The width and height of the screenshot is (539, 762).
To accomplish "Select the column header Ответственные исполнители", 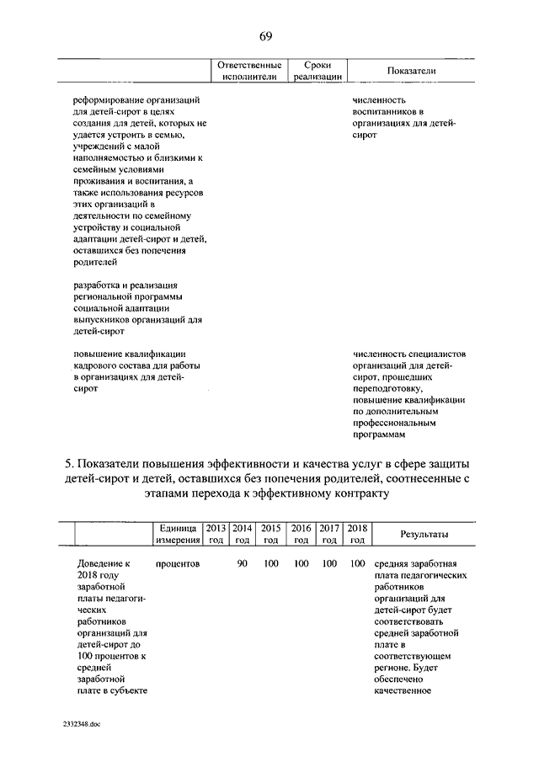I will click(249, 71).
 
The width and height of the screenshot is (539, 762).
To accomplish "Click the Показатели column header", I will click(411, 72).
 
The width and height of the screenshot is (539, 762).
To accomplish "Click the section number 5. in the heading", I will click(71, 464).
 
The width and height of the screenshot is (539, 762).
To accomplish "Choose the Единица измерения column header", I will click(177, 534).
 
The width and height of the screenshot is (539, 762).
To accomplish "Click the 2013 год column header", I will click(216, 534).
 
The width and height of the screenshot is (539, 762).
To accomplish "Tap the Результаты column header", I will click(424, 535).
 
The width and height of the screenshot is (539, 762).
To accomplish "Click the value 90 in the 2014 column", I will click(242, 563).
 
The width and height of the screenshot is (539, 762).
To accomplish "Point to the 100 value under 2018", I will click(356, 563).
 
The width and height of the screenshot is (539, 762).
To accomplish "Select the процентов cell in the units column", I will click(177, 563).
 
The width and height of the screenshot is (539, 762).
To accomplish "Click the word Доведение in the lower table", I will click(98, 563).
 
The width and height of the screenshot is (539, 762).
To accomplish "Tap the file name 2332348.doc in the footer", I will click(82, 726).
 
